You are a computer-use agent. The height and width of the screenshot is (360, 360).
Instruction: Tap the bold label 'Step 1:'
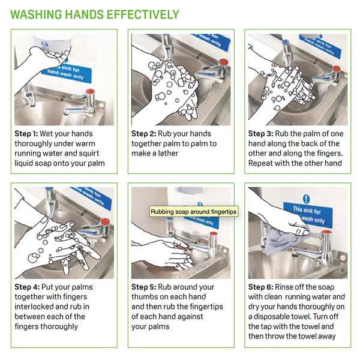[26, 134]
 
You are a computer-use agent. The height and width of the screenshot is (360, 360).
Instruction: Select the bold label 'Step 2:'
[144, 134]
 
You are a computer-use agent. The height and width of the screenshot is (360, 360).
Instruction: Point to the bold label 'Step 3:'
[260, 134]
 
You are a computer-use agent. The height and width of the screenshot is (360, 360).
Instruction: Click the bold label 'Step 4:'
[27, 287]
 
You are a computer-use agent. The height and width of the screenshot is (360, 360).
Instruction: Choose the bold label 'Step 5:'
[144, 287]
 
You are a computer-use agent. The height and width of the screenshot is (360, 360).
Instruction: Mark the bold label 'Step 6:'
[260, 287]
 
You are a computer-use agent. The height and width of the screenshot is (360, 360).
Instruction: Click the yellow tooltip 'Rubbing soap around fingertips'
[194, 211]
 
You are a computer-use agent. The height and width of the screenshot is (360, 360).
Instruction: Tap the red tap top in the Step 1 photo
[90, 91]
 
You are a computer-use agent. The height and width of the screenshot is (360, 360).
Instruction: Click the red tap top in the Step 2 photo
[223, 62]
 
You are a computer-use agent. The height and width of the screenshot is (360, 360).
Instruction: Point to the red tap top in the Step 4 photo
[105, 222]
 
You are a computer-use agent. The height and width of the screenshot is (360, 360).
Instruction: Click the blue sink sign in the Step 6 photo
[308, 215]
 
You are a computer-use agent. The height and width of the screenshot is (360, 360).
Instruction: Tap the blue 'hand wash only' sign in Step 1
[67, 73]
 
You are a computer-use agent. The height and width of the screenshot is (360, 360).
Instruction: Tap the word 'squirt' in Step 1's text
[89, 154]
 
